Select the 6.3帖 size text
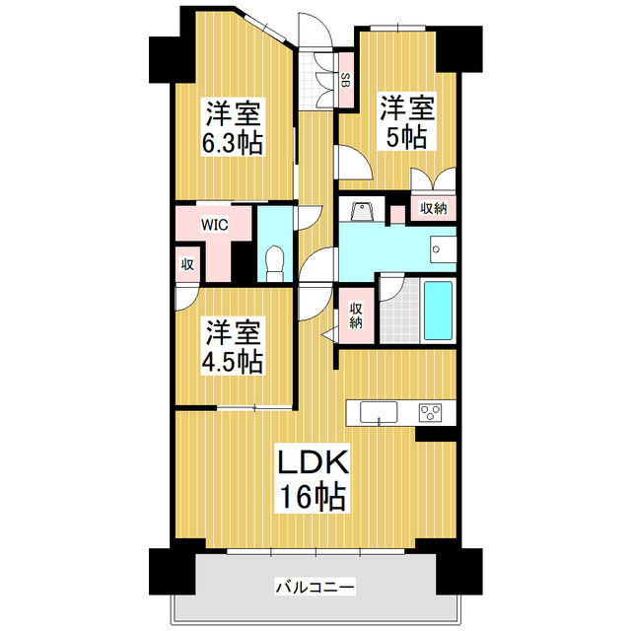(233, 143)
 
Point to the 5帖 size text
(406, 138)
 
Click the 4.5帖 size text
(233, 362)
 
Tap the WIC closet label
(215, 225)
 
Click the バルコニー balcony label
(315, 587)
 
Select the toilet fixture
(275, 261)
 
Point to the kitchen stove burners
(432, 411)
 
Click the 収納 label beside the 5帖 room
(433, 209)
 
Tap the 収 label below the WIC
(185, 263)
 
